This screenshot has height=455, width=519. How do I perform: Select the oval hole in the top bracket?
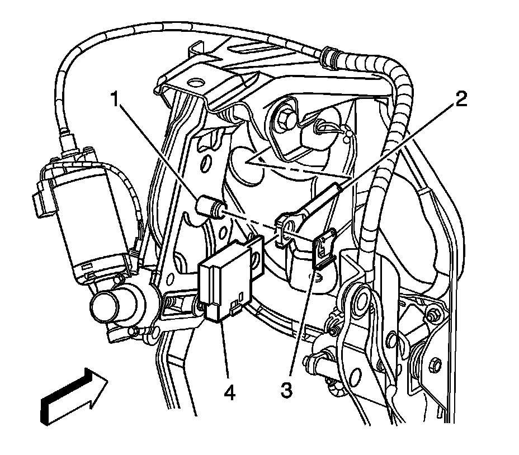point(196,83)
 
